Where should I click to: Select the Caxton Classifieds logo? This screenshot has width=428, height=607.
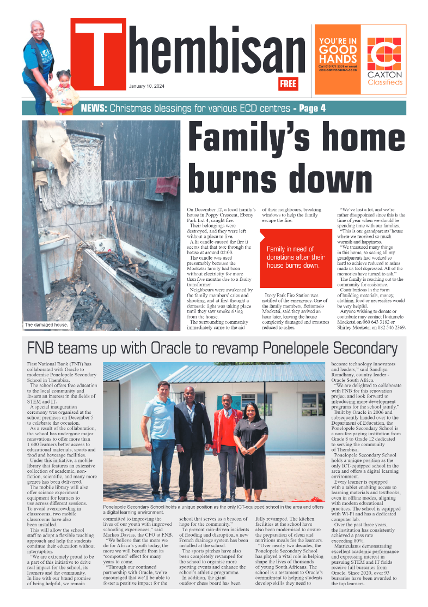(384, 62)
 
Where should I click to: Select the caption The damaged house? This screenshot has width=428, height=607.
(46, 325)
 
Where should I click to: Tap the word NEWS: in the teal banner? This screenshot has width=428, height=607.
(94, 108)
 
